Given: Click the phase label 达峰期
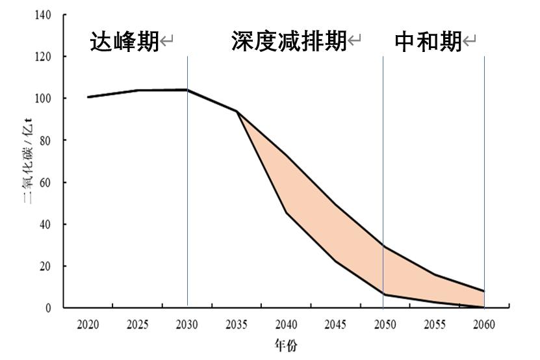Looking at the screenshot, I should (124, 42).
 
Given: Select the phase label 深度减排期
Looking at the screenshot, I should (289, 42).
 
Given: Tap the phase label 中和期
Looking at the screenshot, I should (428, 42).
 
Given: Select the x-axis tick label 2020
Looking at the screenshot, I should (88, 324).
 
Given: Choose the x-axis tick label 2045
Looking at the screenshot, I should (335, 324).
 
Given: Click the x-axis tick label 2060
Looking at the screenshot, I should (484, 324).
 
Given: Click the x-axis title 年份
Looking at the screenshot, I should (286, 346).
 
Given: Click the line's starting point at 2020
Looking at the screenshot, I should (88, 97).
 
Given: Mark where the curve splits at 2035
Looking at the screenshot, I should (237, 112).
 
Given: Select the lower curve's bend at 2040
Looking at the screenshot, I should (286, 212).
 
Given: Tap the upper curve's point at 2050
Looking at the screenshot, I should (383, 246).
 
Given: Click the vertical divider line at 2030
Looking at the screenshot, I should (187, 195).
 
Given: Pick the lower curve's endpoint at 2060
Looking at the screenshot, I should (483, 307).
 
